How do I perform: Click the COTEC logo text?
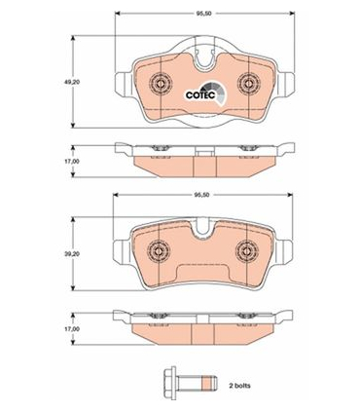tap(200, 94)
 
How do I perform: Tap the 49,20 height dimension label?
tap(74, 82)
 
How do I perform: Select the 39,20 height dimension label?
tap(74, 253)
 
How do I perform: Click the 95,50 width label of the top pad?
tap(203, 14)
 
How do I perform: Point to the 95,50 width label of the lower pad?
tap(201, 195)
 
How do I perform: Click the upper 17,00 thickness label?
tap(74, 161)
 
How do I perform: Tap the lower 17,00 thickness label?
tap(74, 329)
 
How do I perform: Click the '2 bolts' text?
tap(239, 386)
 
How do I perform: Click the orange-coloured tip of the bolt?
tap(207, 383)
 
